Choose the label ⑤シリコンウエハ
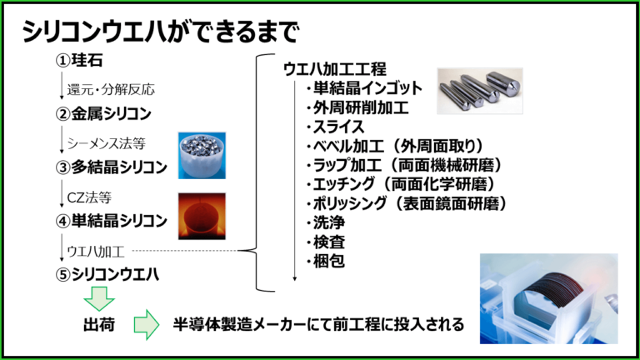tap(107, 275)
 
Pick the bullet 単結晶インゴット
tap(364, 87)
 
